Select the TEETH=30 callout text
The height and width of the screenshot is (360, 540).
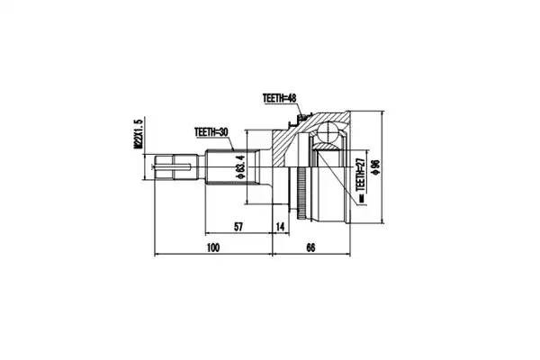(x=212, y=131)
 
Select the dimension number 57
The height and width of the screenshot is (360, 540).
(x=238, y=228)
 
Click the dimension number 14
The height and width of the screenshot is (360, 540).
(x=280, y=228)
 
